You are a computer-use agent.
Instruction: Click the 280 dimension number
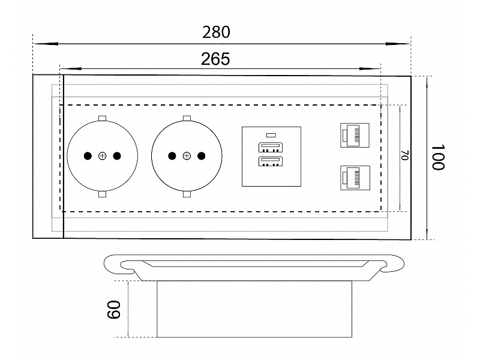pyautogui.click(x=217, y=32)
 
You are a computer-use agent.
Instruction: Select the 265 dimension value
pyautogui.click(x=215, y=59)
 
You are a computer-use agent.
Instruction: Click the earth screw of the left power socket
pyautogui.click(x=102, y=157)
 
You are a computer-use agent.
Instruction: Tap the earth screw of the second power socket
pyautogui.click(x=186, y=157)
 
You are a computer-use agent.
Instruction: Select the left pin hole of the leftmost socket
pyautogui.click(x=88, y=157)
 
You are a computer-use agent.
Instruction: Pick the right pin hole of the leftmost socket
pyautogui.click(x=116, y=157)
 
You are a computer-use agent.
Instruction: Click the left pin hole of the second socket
pyautogui.click(x=172, y=157)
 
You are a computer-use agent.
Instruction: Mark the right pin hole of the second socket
pyautogui.click(x=200, y=157)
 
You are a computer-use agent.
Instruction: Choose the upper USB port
pyautogui.click(x=271, y=147)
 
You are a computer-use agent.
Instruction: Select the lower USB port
pyautogui.click(x=271, y=162)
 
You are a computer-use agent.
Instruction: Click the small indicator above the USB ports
pyautogui.click(x=271, y=135)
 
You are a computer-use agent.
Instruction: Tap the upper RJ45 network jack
pyautogui.click(x=355, y=134)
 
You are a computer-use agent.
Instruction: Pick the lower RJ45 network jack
pyautogui.click(x=355, y=178)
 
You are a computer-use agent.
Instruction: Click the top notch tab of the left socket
pyautogui.click(x=102, y=118)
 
